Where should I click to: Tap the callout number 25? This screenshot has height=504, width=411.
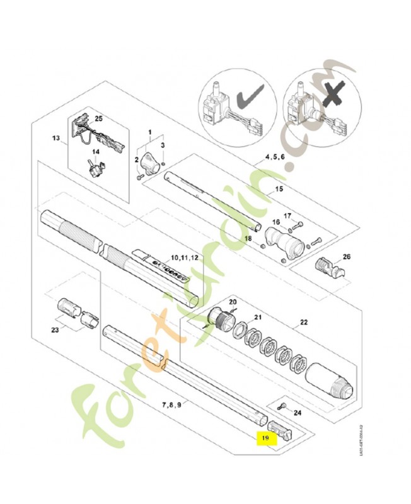point(98,118)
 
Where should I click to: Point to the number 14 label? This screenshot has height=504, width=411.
point(96,152)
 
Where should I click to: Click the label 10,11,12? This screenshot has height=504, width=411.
point(185,258)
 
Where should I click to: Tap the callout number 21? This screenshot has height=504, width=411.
point(240,317)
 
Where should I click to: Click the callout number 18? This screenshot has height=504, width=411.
point(248,239)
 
